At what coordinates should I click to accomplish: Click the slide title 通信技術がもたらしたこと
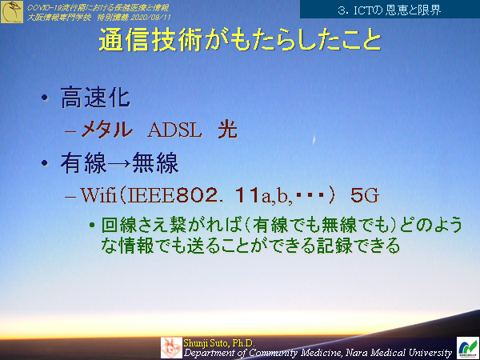tap(239, 42)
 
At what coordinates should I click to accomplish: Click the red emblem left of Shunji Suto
tap(171, 347)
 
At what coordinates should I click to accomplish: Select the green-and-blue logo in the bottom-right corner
tap(468, 347)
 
